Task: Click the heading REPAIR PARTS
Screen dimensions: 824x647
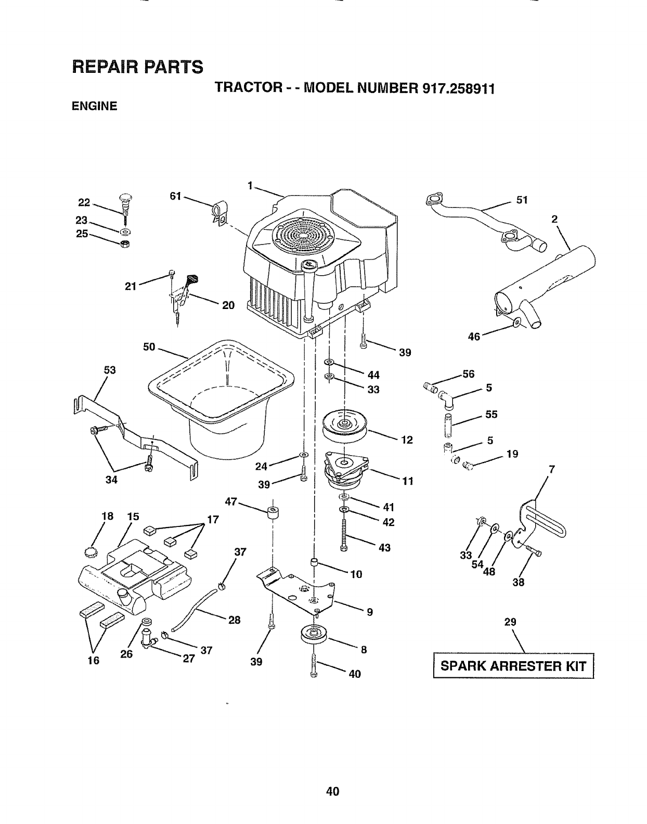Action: (x=136, y=67)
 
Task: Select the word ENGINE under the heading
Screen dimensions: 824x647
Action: (x=94, y=107)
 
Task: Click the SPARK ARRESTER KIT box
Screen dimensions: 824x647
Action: (x=513, y=666)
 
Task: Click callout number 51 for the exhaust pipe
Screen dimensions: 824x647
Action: (x=522, y=200)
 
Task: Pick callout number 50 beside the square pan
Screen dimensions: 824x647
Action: (x=149, y=346)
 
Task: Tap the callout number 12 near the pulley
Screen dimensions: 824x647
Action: (x=406, y=440)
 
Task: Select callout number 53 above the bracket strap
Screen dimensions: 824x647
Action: (x=110, y=370)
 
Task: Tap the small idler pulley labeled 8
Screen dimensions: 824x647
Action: (x=313, y=635)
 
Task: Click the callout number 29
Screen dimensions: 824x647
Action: (x=510, y=622)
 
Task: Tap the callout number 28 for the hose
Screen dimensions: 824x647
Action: (x=234, y=620)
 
